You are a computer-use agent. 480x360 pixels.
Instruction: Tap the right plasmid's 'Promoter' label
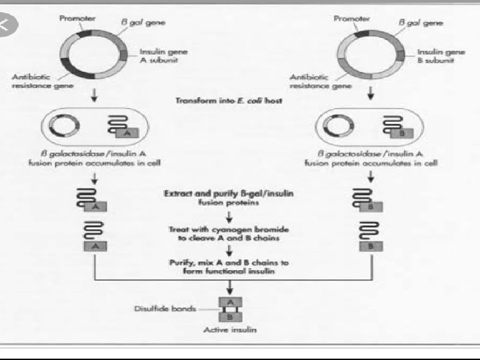point(351,18)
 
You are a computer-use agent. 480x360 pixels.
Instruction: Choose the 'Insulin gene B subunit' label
point(441,56)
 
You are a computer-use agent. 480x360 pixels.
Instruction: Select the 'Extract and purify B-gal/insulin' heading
point(231,193)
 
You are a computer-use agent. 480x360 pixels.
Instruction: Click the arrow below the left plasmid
point(93,95)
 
